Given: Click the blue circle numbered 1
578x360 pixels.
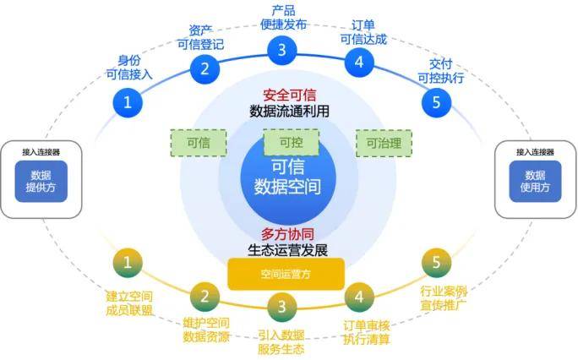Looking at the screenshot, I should pyautogui.click(x=128, y=103).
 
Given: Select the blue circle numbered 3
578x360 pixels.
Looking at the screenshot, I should pyautogui.click(x=282, y=49).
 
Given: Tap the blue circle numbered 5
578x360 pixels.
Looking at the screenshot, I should pyautogui.click(x=436, y=103).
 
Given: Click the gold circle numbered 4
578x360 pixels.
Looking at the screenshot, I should pyautogui.click(x=359, y=297).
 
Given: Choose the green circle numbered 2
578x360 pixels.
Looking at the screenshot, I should pyautogui.click(x=204, y=297).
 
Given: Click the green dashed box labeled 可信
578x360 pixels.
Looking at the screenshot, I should pyautogui.click(x=199, y=143).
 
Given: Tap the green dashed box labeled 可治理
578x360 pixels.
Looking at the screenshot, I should pyautogui.click(x=384, y=143).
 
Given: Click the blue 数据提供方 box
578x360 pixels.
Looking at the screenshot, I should pyautogui.click(x=40, y=180).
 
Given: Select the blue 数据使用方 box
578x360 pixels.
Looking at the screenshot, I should pyautogui.click(x=536, y=180).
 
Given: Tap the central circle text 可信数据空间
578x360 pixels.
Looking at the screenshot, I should pyautogui.click(x=288, y=177).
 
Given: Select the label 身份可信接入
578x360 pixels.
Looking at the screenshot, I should pyautogui.click(x=129, y=67).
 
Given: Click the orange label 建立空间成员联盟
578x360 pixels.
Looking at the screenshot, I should pyautogui.click(x=129, y=303).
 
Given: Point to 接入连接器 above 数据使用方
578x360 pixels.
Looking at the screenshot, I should pyautogui.click(x=535, y=152).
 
